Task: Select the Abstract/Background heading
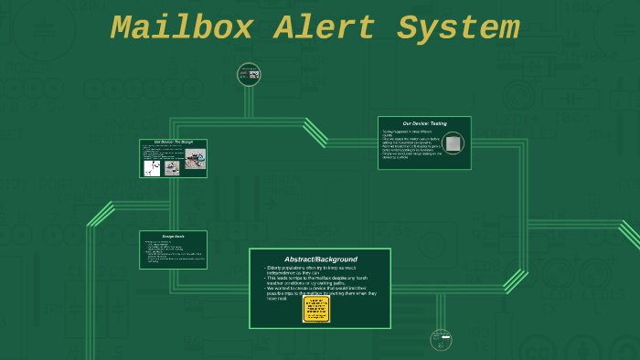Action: pos(320,259)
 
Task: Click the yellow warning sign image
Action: pos(315,309)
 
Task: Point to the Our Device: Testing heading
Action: pos(424,122)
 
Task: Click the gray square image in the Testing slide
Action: pos(453,143)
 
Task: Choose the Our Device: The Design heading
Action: pos(173,142)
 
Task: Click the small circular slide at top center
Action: pos(249,74)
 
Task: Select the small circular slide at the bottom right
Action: pos(442,340)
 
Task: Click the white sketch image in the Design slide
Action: pos(152,168)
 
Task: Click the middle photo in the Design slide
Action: pos(172,168)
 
